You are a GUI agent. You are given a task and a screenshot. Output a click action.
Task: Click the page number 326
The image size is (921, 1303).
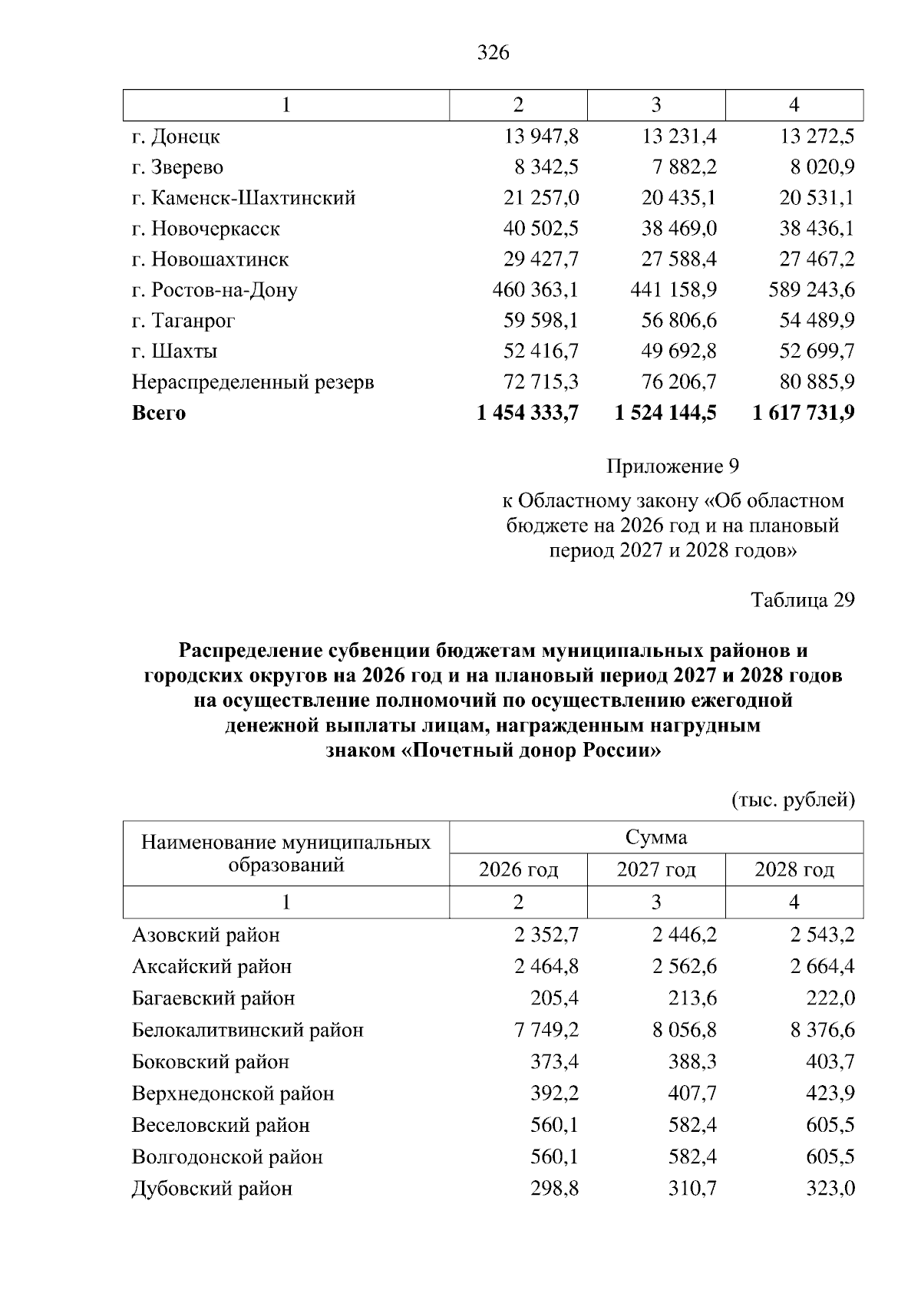pyautogui.click(x=493, y=53)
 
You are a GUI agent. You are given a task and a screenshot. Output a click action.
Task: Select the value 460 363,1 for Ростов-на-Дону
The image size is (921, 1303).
pyautogui.click(x=535, y=290)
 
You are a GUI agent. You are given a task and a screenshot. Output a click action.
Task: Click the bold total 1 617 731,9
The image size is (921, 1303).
pyautogui.click(x=804, y=413)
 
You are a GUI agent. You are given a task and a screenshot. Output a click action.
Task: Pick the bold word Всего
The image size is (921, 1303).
pyautogui.click(x=159, y=413)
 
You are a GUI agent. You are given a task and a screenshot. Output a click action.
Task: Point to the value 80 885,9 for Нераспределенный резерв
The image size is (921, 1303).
pyautogui.click(x=817, y=382)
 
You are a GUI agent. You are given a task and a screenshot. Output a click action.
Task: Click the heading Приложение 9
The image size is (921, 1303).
pyautogui.click(x=672, y=467)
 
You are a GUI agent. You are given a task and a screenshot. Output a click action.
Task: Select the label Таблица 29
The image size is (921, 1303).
pyautogui.click(x=802, y=599)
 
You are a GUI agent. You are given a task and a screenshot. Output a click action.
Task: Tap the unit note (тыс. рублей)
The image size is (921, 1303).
pyautogui.click(x=792, y=800)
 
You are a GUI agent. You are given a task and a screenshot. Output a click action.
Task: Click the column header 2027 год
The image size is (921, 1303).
pyautogui.click(x=656, y=870)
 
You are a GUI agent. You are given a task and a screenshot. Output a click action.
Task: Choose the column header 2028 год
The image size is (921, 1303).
pyautogui.click(x=794, y=870)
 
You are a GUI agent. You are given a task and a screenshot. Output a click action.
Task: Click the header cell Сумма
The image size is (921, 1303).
pyautogui.click(x=656, y=837)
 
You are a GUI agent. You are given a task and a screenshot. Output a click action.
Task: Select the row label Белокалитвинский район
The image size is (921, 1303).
pyautogui.click(x=247, y=1030)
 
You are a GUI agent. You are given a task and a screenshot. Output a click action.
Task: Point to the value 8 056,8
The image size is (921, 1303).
pyautogui.click(x=685, y=1030)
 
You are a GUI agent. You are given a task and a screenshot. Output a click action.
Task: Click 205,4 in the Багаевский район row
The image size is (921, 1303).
pyautogui.click(x=554, y=998)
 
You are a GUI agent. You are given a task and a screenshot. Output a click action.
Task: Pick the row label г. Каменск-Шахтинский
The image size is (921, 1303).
pyautogui.click(x=243, y=198)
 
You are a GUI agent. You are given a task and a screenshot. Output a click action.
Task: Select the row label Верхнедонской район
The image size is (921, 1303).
pyautogui.click(x=233, y=1094)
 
